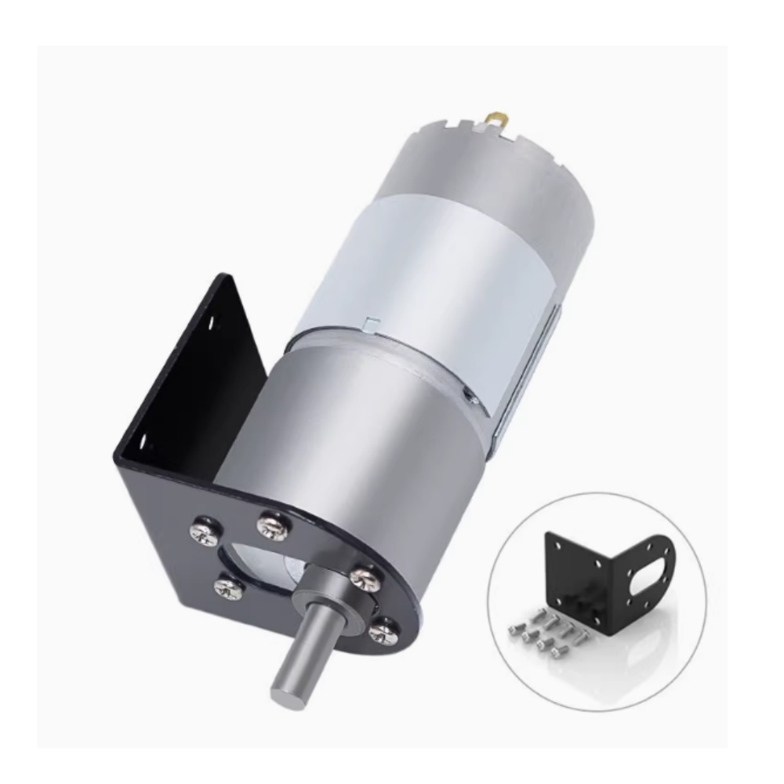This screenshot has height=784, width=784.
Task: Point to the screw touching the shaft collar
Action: tap(362, 578)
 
